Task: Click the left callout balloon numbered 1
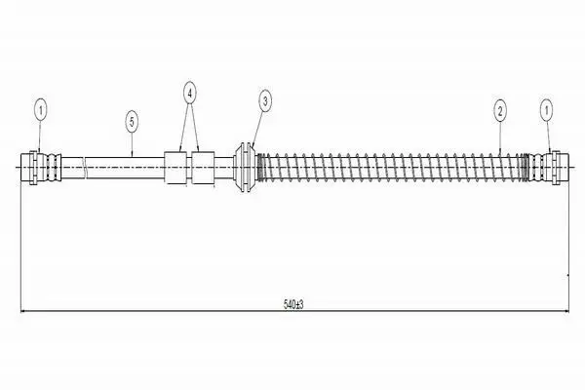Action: tap(41, 110)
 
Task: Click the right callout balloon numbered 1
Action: tap(547, 110)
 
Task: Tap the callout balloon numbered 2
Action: tap(500, 110)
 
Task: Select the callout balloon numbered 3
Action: tap(265, 100)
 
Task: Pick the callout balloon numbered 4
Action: tap(189, 94)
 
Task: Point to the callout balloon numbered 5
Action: tap(132, 122)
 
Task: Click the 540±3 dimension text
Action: tap(293, 304)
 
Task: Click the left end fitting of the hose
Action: tap(41, 167)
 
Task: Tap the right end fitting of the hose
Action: tap(549, 167)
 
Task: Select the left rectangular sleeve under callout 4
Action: tap(175, 168)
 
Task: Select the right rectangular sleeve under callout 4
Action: tap(203, 168)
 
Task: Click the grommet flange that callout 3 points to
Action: tap(245, 167)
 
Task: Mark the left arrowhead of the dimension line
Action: tap(23, 310)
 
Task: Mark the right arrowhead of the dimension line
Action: tap(565, 310)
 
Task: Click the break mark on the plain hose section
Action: tap(85, 167)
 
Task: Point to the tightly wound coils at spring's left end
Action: tap(261, 168)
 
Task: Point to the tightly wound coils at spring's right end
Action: tap(526, 168)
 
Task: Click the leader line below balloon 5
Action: tap(132, 144)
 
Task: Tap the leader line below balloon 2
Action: tap(500, 136)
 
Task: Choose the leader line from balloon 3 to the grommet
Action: tap(258, 129)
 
